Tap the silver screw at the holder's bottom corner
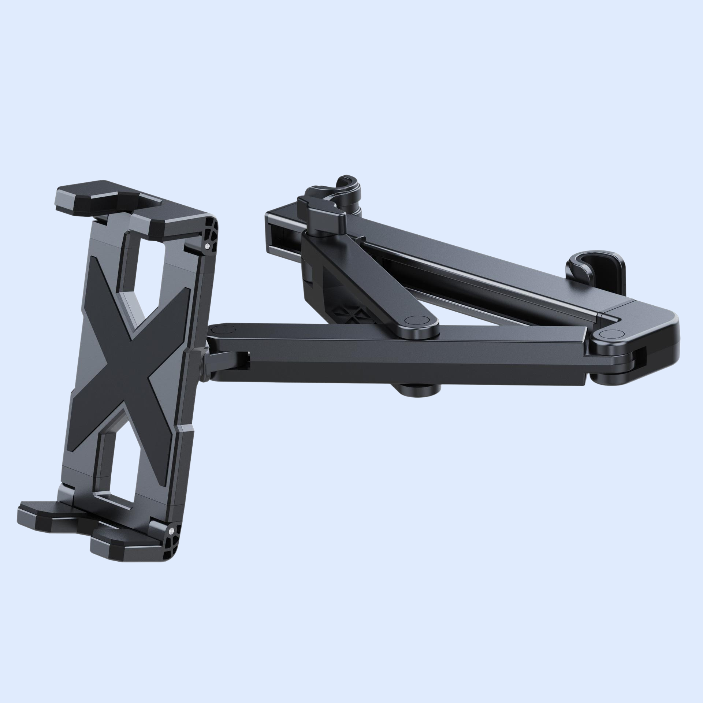(x=171, y=530)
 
